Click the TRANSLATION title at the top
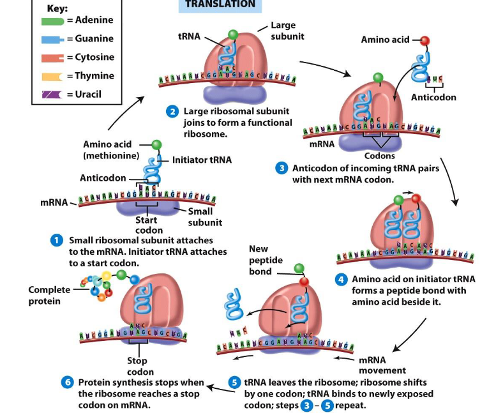220,4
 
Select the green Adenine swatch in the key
50,20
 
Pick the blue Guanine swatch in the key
50,39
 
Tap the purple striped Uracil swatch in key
50,95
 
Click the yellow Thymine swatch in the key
50,76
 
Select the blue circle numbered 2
172,112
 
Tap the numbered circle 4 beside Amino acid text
342,279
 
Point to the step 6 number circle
68,383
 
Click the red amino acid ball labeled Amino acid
425,41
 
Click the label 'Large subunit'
283,31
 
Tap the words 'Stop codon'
140,367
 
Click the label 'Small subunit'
205,217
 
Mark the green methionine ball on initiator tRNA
156,145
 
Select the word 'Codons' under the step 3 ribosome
379,156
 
